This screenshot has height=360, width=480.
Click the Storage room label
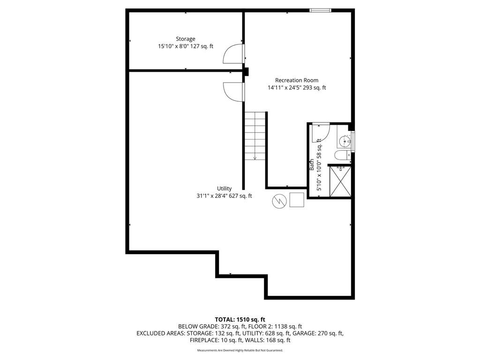(x=186, y=39)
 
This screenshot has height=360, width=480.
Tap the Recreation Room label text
(x=297, y=80)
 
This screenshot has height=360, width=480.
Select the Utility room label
(x=225, y=188)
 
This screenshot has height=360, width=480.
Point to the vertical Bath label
(x=312, y=165)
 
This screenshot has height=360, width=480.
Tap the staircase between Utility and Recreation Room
(x=255, y=135)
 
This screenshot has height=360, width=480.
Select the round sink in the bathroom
(x=345, y=141)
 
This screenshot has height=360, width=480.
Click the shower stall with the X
(x=340, y=181)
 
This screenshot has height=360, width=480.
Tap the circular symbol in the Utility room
(x=279, y=201)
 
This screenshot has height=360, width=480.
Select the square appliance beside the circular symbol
(x=297, y=200)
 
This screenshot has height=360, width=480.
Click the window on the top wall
(x=321, y=10)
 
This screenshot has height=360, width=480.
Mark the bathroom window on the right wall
(x=353, y=141)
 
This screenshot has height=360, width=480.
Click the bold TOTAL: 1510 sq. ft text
(x=240, y=320)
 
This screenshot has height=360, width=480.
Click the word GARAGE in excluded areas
(x=304, y=333)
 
